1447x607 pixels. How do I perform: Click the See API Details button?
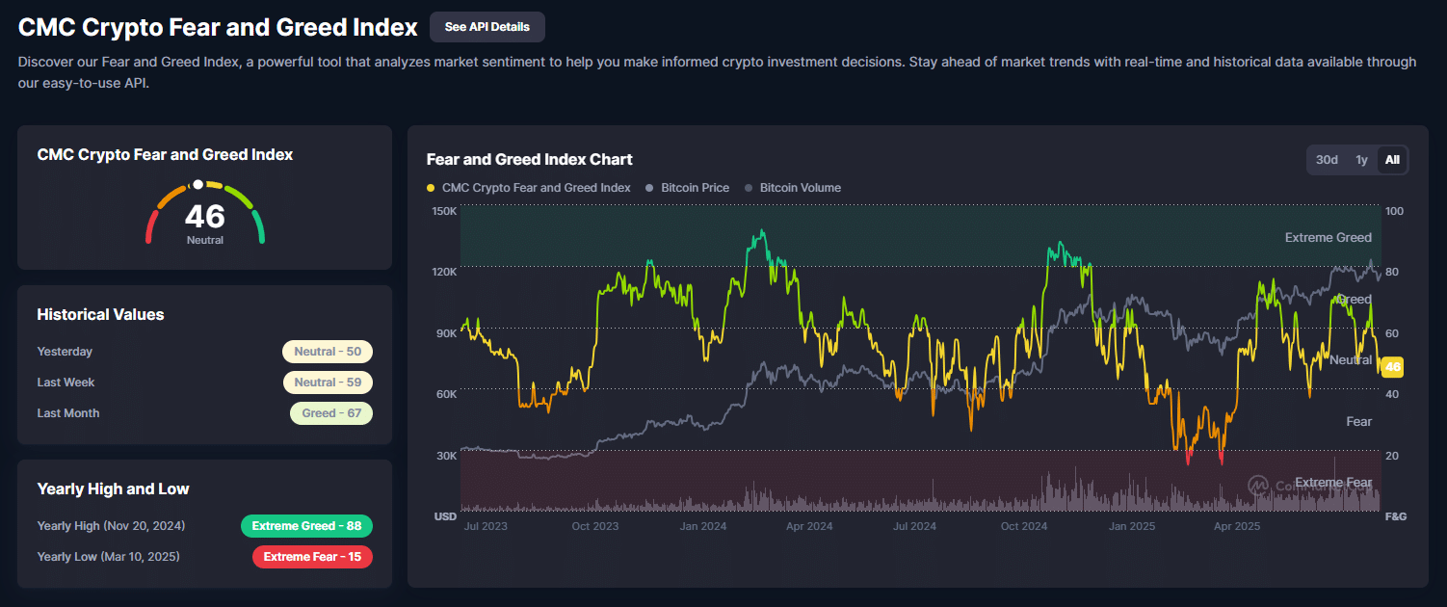pos(487,27)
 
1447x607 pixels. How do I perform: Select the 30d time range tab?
pos(1327,160)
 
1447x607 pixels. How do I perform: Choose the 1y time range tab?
pos(1361,160)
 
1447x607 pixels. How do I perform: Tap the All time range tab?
pos(1392,160)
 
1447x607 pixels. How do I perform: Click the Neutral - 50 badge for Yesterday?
pos(328,352)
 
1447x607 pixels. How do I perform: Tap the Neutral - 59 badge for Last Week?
pos(328,383)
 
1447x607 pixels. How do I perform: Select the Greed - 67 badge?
pos(331,413)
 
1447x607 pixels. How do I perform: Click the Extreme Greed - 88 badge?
pos(306,526)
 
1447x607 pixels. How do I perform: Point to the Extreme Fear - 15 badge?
pos(312,557)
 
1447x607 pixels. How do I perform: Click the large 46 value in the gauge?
pos(204,217)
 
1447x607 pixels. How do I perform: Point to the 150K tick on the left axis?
pos(444,211)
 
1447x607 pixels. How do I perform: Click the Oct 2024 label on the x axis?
pos(1023,526)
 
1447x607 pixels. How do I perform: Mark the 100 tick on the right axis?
pos(1394,211)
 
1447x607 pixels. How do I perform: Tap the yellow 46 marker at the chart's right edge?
pos(1392,366)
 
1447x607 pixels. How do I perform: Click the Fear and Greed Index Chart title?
pos(529,159)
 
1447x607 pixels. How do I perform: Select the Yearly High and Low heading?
pos(113,488)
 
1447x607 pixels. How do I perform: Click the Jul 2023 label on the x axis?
pos(485,526)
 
